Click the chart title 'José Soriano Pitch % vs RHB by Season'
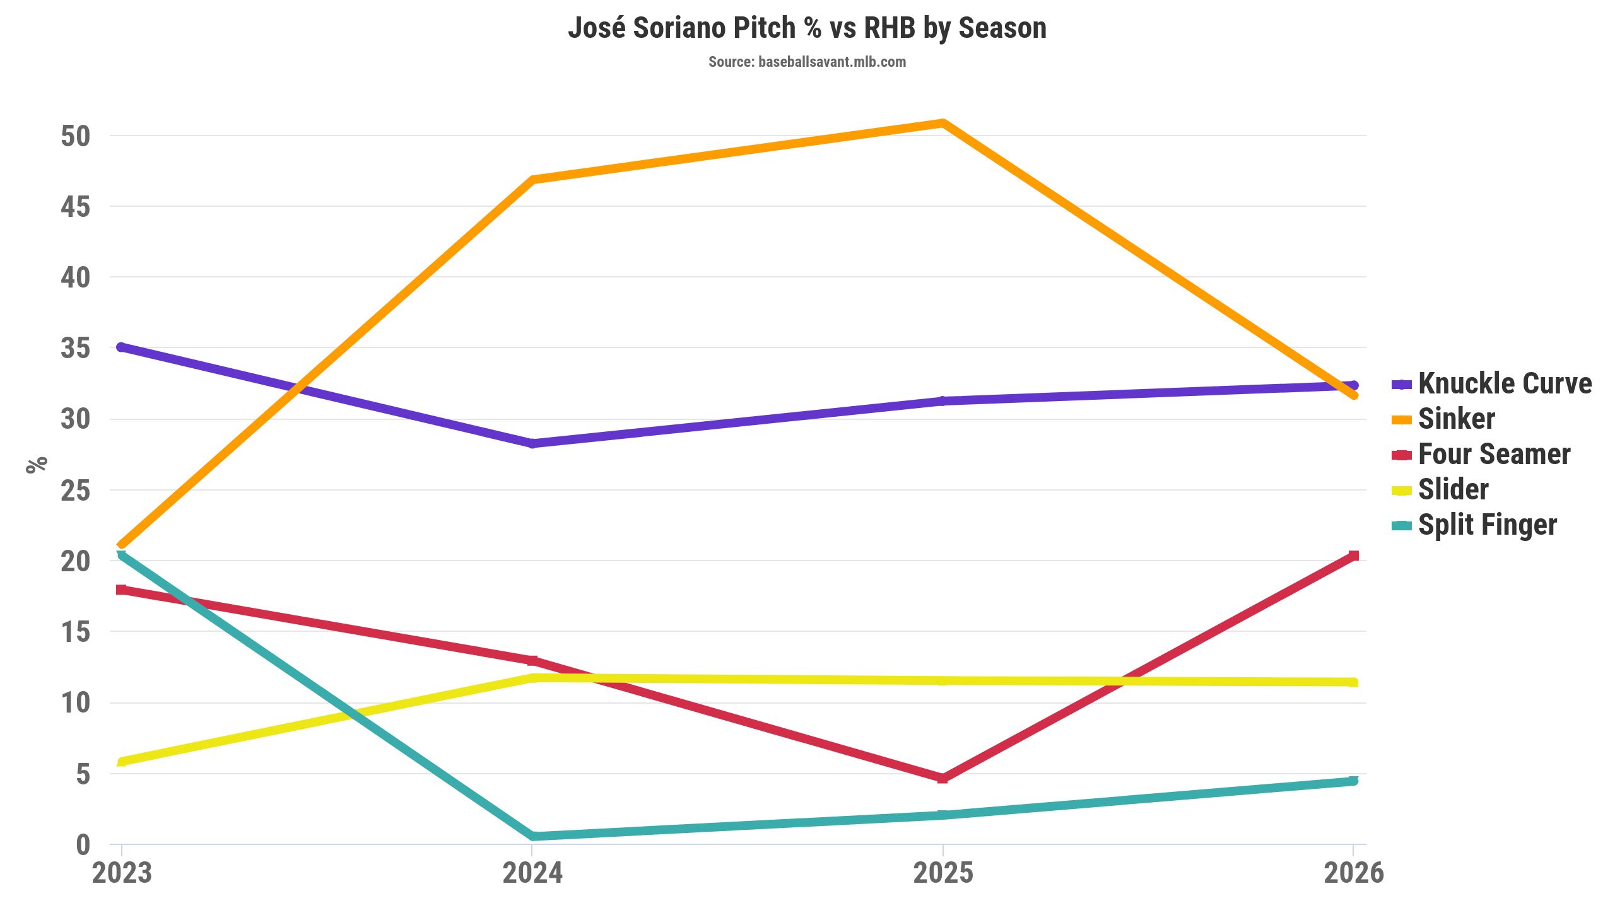coord(807,28)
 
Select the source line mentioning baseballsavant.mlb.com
coord(807,62)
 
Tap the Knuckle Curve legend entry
coord(1504,383)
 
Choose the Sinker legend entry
coord(1456,419)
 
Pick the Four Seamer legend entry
coord(1494,454)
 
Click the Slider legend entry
coord(1453,489)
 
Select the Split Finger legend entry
coord(1487,525)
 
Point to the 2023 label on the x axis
coord(122,873)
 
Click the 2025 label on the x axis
coord(943,873)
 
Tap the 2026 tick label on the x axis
coord(1353,873)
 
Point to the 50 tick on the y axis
coord(75,136)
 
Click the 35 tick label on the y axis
coord(75,348)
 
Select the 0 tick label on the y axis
coord(83,845)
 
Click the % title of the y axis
coord(37,464)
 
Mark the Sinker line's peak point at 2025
coord(943,123)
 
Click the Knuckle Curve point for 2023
coord(122,347)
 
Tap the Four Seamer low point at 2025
coord(943,778)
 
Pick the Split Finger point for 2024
coord(532,836)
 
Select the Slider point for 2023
coord(122,762)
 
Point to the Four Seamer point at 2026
coord(1353,556)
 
